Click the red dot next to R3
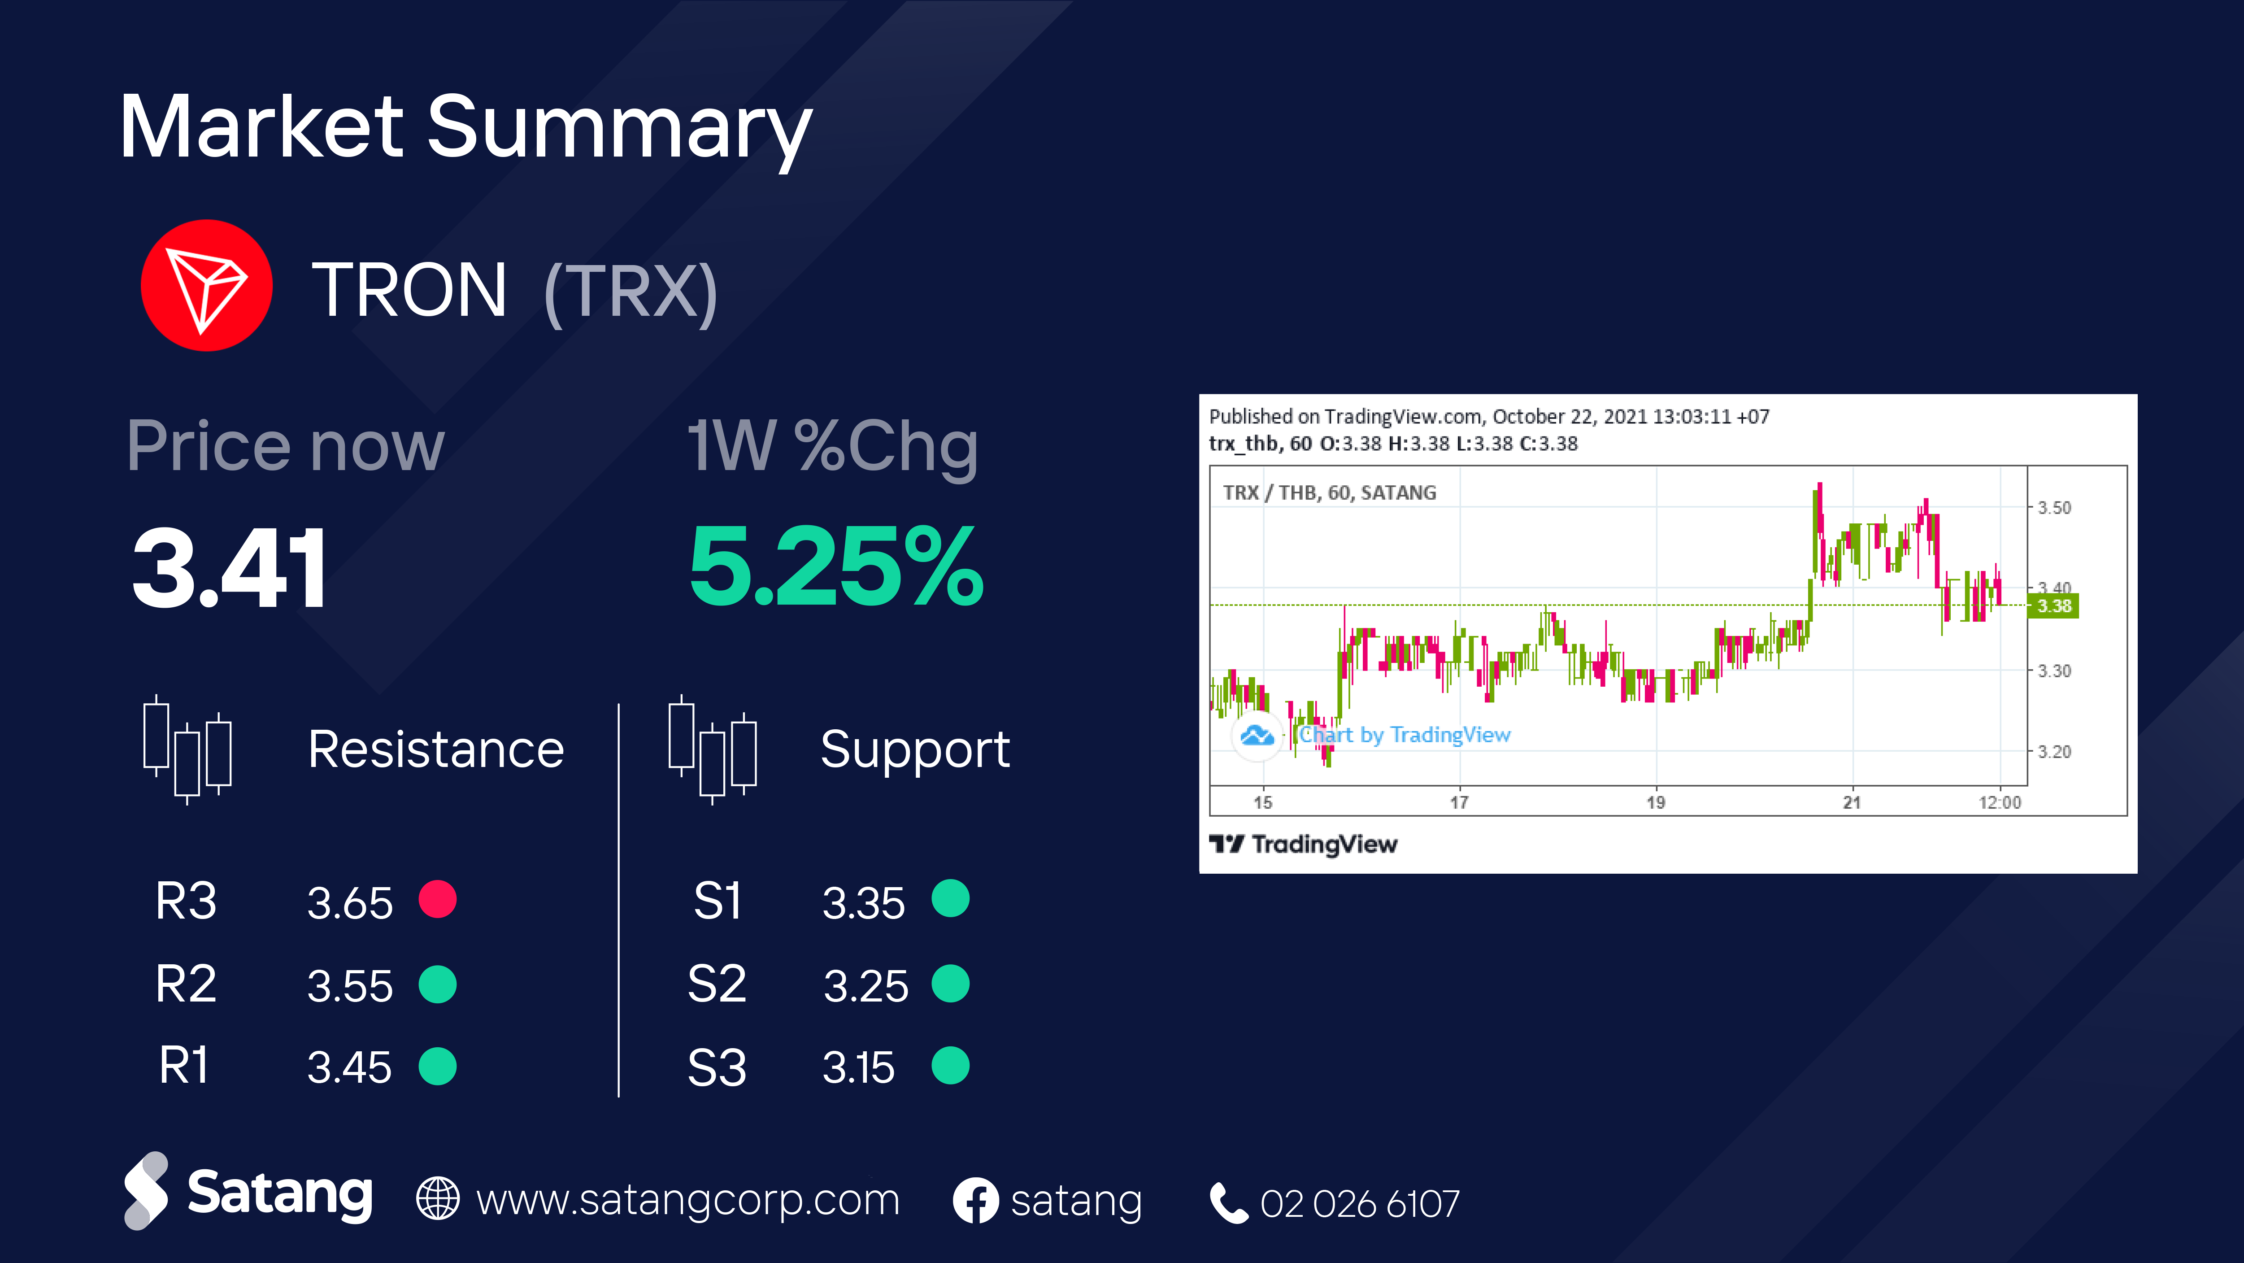(437, 899)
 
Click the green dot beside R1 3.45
(437, 1066)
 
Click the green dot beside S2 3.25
(950, 984)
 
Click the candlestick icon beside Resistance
(187, 749)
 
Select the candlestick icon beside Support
(713, 749)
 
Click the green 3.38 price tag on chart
(2053, 605)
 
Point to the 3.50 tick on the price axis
(2054, 507)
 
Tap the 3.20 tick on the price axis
(2054, 751)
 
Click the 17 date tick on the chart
(1459, 802)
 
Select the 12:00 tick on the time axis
(1999, 802)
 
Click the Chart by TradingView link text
(1404, 735)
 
